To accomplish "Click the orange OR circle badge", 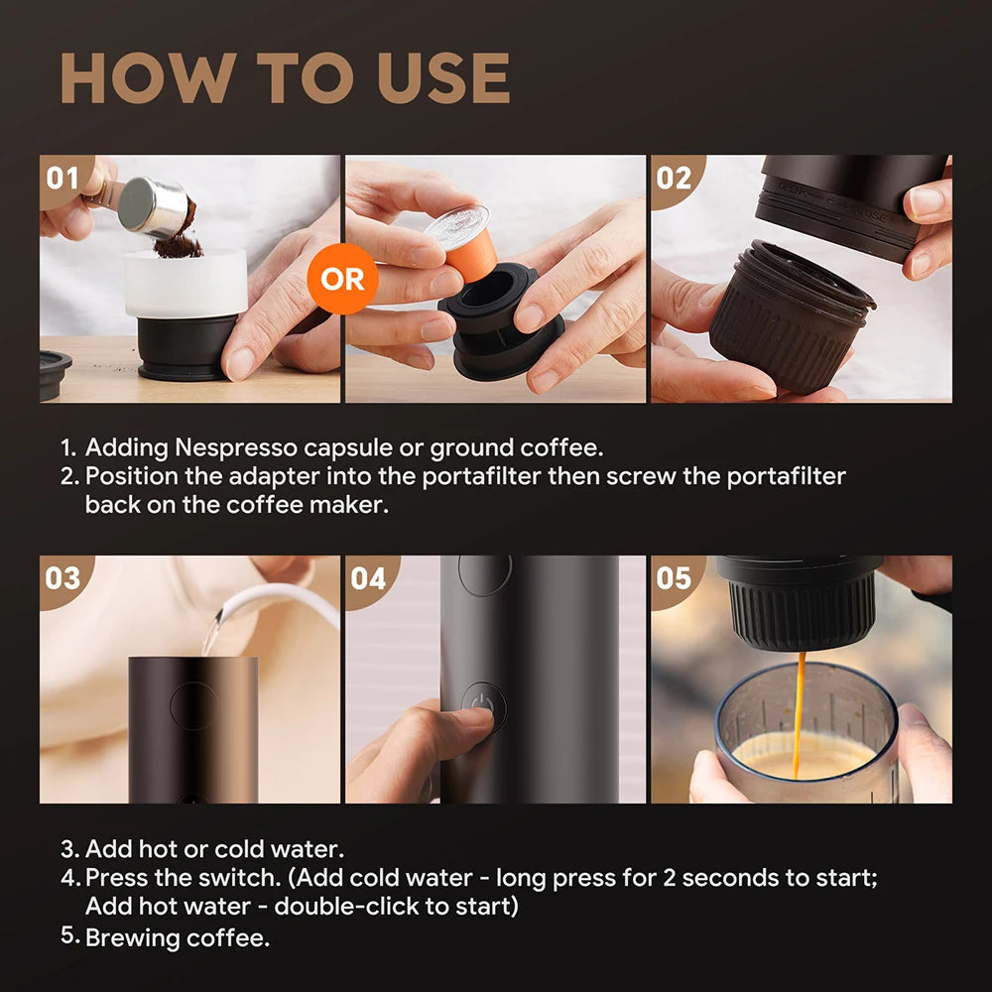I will click(x=342, y=279).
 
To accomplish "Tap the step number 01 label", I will click(x=62, y=179).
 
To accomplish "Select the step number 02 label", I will click(x=674, y=179).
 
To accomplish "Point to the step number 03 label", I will click(x=62, y=578).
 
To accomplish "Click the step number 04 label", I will click(x=368, y=578).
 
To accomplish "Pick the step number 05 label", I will click(x=674, y=578).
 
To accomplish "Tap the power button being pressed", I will click(x=484, y=705).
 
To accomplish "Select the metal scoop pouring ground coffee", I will click(x=154, y=205).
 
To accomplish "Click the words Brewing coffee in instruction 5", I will click(x=178, y=937).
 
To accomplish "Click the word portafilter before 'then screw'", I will click(x=505, y=475).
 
